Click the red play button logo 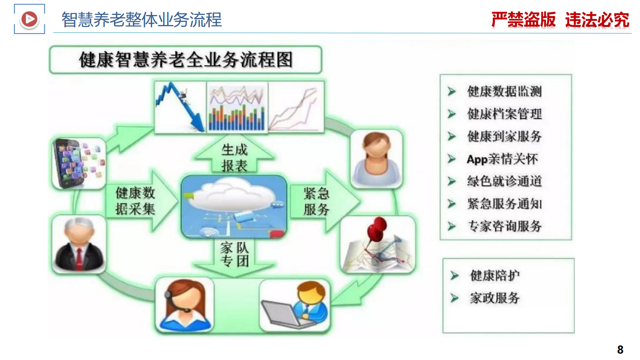(x=29, y=19)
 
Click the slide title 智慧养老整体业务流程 (x=142, y=20)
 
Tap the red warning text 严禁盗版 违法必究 (x=560, y=20)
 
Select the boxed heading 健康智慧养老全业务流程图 (x=186, y=60)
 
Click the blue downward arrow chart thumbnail (x=180, y=107)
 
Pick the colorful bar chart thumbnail (x=237, y=107)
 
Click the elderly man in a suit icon (x=79, y=245)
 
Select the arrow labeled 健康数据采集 (x=139, y=201)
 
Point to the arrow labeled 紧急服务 (x=321, y=201)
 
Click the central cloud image (x=234, y=206)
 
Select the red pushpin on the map (x=377, y=228)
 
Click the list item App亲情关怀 (x=502, y=159)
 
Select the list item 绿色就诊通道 (x=504, y=181)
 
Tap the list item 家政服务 (x=494, y=298)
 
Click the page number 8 (x=620, y=349)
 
